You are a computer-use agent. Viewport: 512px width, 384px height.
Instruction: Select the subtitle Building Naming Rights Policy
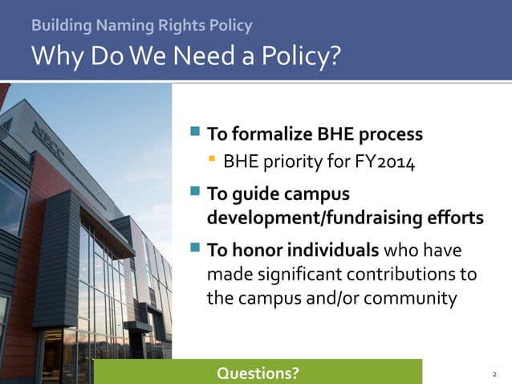click(141, 26)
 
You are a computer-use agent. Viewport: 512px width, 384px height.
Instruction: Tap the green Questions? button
click(258, 373)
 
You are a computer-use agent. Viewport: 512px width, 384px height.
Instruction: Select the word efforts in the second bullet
click(457, 219)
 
